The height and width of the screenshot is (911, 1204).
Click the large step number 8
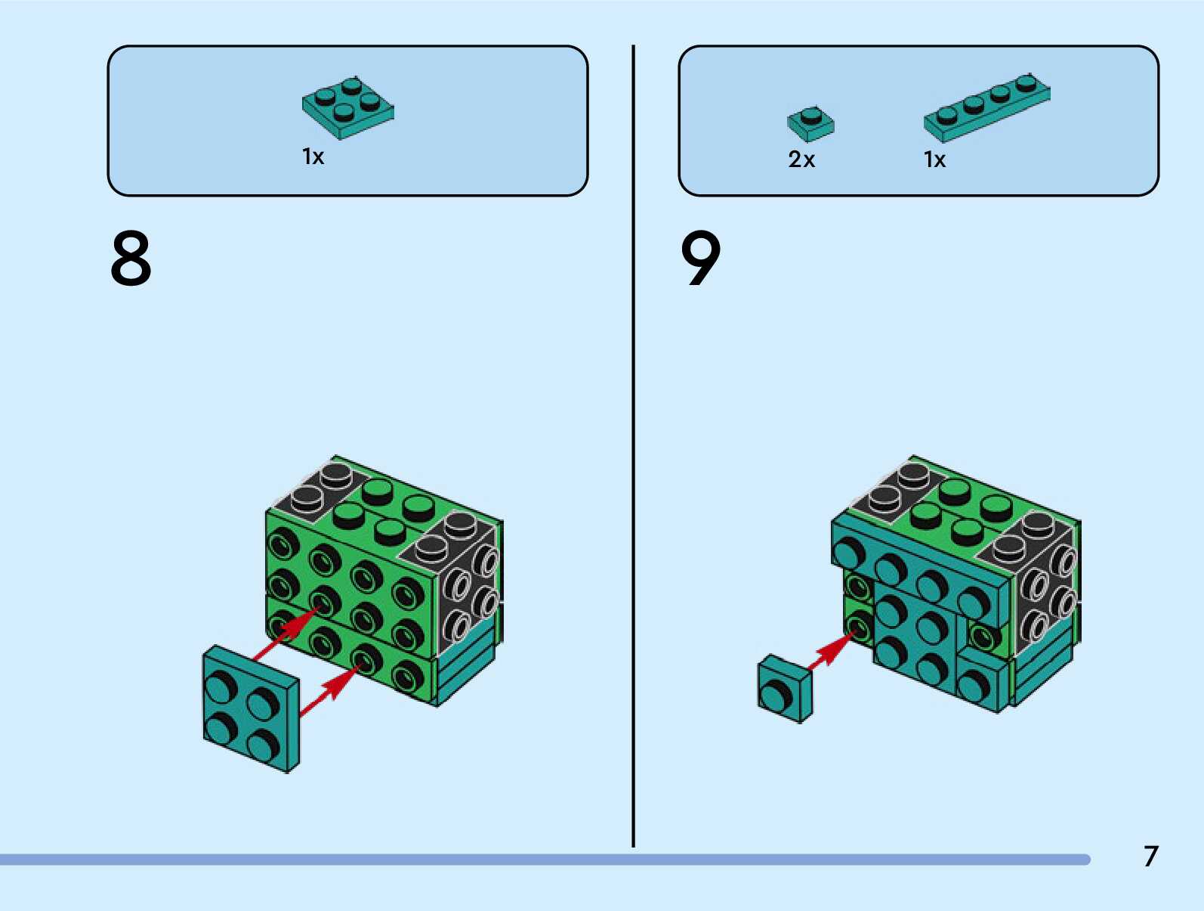click(x=131, y=259)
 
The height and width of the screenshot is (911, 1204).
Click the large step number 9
click(x=701, y=259)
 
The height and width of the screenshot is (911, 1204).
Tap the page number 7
click(x=1150, y=857)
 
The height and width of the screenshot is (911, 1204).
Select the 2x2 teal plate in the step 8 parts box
click(x=347, y=107)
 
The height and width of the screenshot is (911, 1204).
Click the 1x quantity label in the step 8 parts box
click(x=313, y=156)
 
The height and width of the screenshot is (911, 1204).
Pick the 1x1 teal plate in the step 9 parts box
click(x=810, y=123)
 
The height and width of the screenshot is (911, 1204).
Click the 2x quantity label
click(x=801, y=160)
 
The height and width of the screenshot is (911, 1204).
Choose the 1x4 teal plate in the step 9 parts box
click(x=986, y=108)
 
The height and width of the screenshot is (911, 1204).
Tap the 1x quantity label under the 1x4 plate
click(x=934, y=160)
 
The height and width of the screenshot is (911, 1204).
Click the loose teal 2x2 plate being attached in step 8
click(x=250, y=708)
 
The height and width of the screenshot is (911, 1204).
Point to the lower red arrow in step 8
click(x=329, y=688)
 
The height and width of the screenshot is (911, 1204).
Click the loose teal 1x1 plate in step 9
click(x=785, y=688)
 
